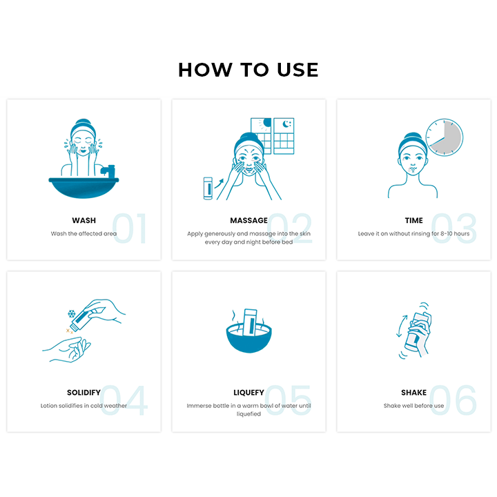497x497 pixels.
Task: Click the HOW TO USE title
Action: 248,70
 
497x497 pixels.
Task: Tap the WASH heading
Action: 84,220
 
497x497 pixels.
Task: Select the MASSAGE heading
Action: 248,220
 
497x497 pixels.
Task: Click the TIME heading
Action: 413,220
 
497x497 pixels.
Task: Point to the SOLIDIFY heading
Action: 84,392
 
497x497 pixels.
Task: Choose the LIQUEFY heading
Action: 248,392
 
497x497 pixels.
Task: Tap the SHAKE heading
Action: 413,392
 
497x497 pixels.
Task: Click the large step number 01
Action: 130,228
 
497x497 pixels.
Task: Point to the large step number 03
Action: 454,228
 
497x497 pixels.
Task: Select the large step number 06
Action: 453,400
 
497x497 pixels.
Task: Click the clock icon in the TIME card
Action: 444,137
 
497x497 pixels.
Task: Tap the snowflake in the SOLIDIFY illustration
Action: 72,314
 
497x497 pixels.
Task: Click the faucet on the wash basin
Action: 108,171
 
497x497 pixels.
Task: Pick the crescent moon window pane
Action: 284,126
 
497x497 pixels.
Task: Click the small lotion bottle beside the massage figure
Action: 208,188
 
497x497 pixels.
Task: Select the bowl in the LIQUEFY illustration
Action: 248,338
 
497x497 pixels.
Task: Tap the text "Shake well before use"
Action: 413,406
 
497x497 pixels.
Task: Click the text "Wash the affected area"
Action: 84,233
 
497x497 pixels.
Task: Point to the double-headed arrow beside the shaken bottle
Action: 402,326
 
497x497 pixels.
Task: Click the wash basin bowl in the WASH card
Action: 84,188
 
